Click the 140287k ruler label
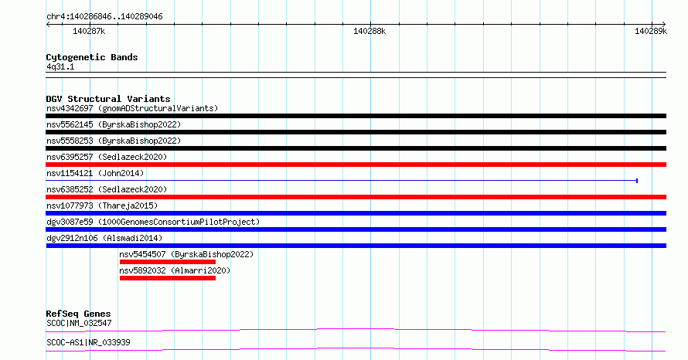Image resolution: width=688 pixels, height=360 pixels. [89, 31]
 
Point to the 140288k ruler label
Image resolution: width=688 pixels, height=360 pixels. [370, 31]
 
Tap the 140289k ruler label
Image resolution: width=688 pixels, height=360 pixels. [651, 31]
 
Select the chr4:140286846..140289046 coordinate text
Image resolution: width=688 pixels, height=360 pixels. [104, 16]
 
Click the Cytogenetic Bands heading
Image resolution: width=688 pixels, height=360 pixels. [92, 57]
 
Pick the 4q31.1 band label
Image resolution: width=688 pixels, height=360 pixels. [60, 66]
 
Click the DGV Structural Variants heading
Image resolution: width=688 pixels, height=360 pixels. [108, 99]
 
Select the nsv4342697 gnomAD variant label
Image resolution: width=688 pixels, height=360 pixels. [132, 108]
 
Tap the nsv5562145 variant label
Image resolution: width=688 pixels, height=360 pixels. [114, 124]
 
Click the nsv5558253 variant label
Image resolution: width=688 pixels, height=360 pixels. [114, 141]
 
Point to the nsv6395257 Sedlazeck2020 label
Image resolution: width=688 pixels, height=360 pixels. [107, 157]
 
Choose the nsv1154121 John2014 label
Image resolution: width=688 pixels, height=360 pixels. [95, 173]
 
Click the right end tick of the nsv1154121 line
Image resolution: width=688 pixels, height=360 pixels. [637, 181]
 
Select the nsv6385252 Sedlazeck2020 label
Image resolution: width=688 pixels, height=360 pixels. [107, 189]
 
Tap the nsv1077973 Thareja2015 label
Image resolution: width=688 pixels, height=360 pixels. [102, 205]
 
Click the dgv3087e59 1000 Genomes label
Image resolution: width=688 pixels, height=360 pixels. [153, 222]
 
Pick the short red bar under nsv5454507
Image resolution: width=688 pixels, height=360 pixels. [168, 262]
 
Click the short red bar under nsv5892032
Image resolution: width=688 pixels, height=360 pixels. [168, 278]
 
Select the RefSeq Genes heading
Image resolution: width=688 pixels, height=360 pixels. [79, 314]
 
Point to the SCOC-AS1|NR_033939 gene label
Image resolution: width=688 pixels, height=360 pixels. [88, 342]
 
